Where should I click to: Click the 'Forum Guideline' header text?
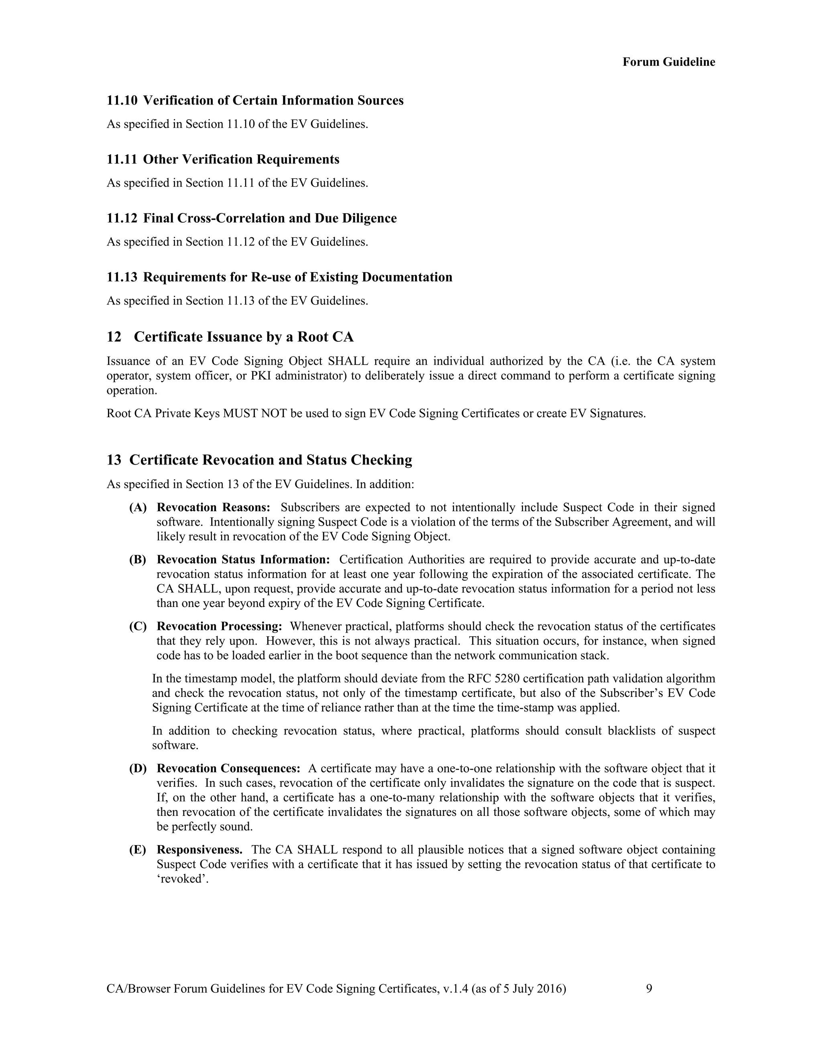point(668,62)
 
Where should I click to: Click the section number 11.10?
point(122,101)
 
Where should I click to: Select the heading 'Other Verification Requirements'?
point(241,160)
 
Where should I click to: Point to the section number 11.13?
point(122,277)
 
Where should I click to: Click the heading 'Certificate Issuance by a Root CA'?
point(244,337)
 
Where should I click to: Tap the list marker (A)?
point(138,508)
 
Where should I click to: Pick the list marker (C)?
point(138,626)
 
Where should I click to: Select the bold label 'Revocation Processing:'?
point(219,626)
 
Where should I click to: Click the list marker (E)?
point(138,850)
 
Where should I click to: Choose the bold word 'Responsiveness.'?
point(199,850)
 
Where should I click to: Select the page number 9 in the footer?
point(649,989)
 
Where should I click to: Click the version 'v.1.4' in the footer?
point(455,989)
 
